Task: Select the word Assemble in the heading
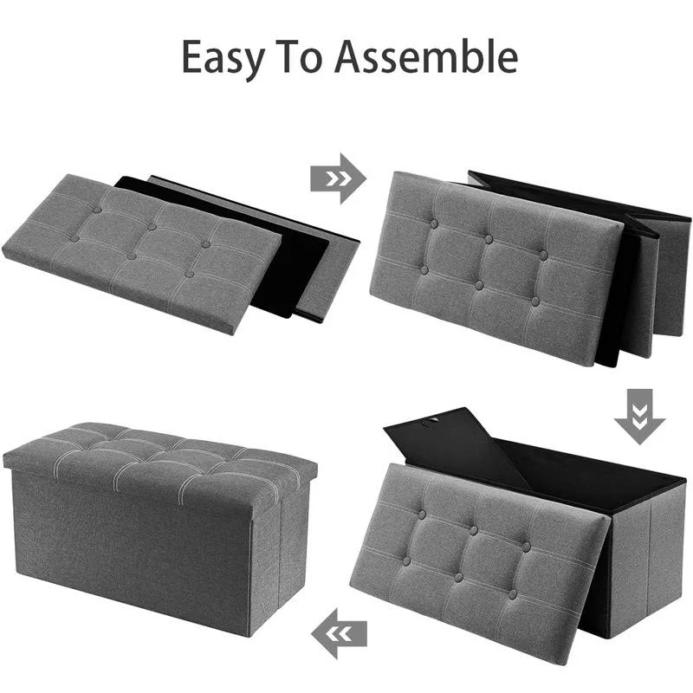(425, 56)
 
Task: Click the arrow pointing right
(338, 178)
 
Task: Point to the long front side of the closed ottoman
(130, 546)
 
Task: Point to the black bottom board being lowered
(450, 442)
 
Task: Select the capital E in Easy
(192, 56)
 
